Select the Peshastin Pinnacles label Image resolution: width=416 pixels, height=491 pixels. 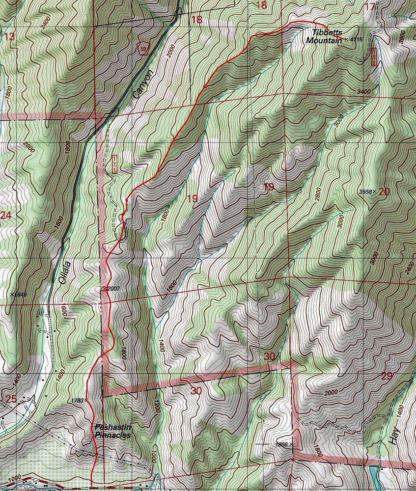[113, 431]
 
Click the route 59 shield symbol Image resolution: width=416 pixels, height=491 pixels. [142, 49]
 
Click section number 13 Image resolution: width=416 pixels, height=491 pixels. [9, 37]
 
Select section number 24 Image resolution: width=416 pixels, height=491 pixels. [6, 215]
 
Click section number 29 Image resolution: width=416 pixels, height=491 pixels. [387, 376]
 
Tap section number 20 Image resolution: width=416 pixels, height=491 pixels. [384, 191]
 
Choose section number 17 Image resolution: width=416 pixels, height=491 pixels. [370, 6]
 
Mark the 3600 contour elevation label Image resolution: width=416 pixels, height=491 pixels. [402, 37]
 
